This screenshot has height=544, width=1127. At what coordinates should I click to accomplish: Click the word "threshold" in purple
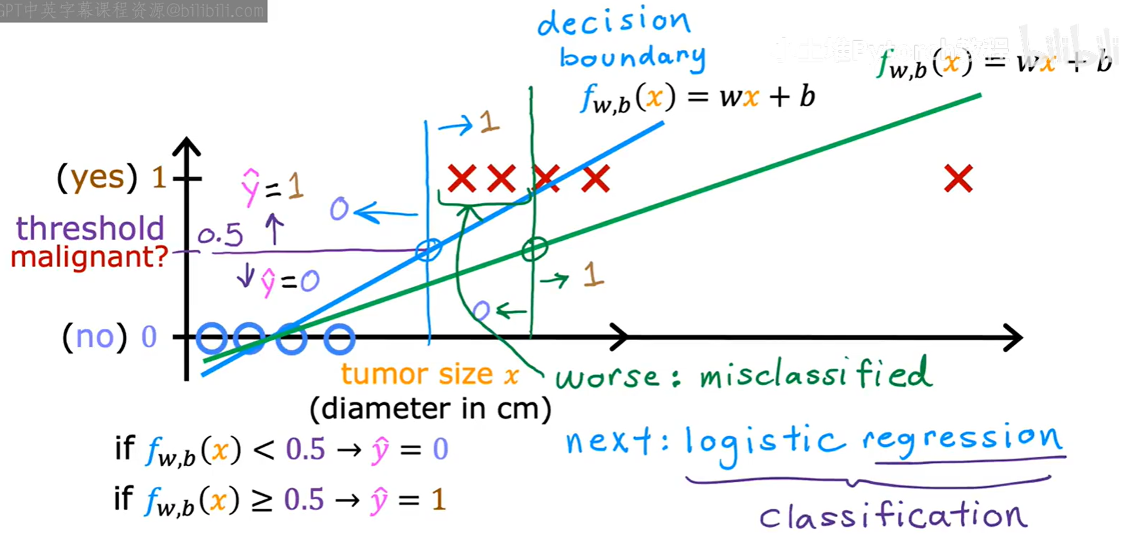click(x=90, y=229)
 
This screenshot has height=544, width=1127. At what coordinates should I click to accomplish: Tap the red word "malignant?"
click(x=90, y=257)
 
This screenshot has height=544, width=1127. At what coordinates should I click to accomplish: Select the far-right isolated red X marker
click(x=958, y=178)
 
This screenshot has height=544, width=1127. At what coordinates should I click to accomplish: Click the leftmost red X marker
click(x=461, y=178)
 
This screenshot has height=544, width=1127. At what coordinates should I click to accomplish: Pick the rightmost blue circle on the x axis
click(x=339, y=339)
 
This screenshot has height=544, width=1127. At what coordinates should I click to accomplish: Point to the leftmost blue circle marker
click(x=212, y=339)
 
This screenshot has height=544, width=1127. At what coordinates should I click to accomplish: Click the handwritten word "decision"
click(x=614, y=22)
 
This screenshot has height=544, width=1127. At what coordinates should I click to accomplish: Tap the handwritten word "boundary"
click(x=632, y=58)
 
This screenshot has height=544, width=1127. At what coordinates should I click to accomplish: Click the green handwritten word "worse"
click(x=607, y=377)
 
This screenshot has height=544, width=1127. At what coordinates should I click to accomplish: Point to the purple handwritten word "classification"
click(x=893, y=516)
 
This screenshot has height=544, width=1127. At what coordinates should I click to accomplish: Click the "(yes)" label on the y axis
click(x=97, y=177)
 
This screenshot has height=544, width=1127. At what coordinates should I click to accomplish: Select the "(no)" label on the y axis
click(x=95, y=337)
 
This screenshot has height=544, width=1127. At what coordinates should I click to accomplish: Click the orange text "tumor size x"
click(x=430, y=375)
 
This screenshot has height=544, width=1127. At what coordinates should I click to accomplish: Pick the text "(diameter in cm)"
click(x=431, y=409)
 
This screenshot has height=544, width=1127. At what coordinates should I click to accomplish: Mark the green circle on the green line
click(x=534, y=249)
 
